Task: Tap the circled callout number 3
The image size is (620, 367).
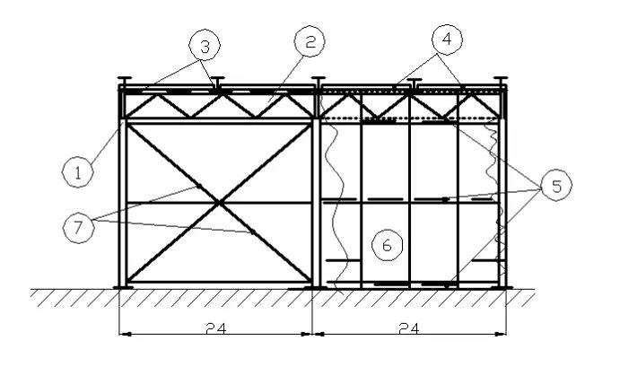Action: pyautogui.click(x=204, y=43)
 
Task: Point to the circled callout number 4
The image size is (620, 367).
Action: pyautogui.click(x=449, y=40)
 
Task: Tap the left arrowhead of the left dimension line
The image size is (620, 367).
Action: pyautogui.click(x=124, y=334)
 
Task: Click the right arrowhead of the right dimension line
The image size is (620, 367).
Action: pyautogui.click(x=502, y=334)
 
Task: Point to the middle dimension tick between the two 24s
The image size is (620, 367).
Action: pyautogui.click(x=312, y=334)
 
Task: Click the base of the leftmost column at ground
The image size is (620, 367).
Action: pyautogui.click(x=122, y=287)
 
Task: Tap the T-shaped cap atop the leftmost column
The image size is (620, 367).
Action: pyautogui.click(x=126, y=80)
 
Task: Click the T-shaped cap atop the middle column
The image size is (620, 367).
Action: pyautogui.click(x=317, y=80)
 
